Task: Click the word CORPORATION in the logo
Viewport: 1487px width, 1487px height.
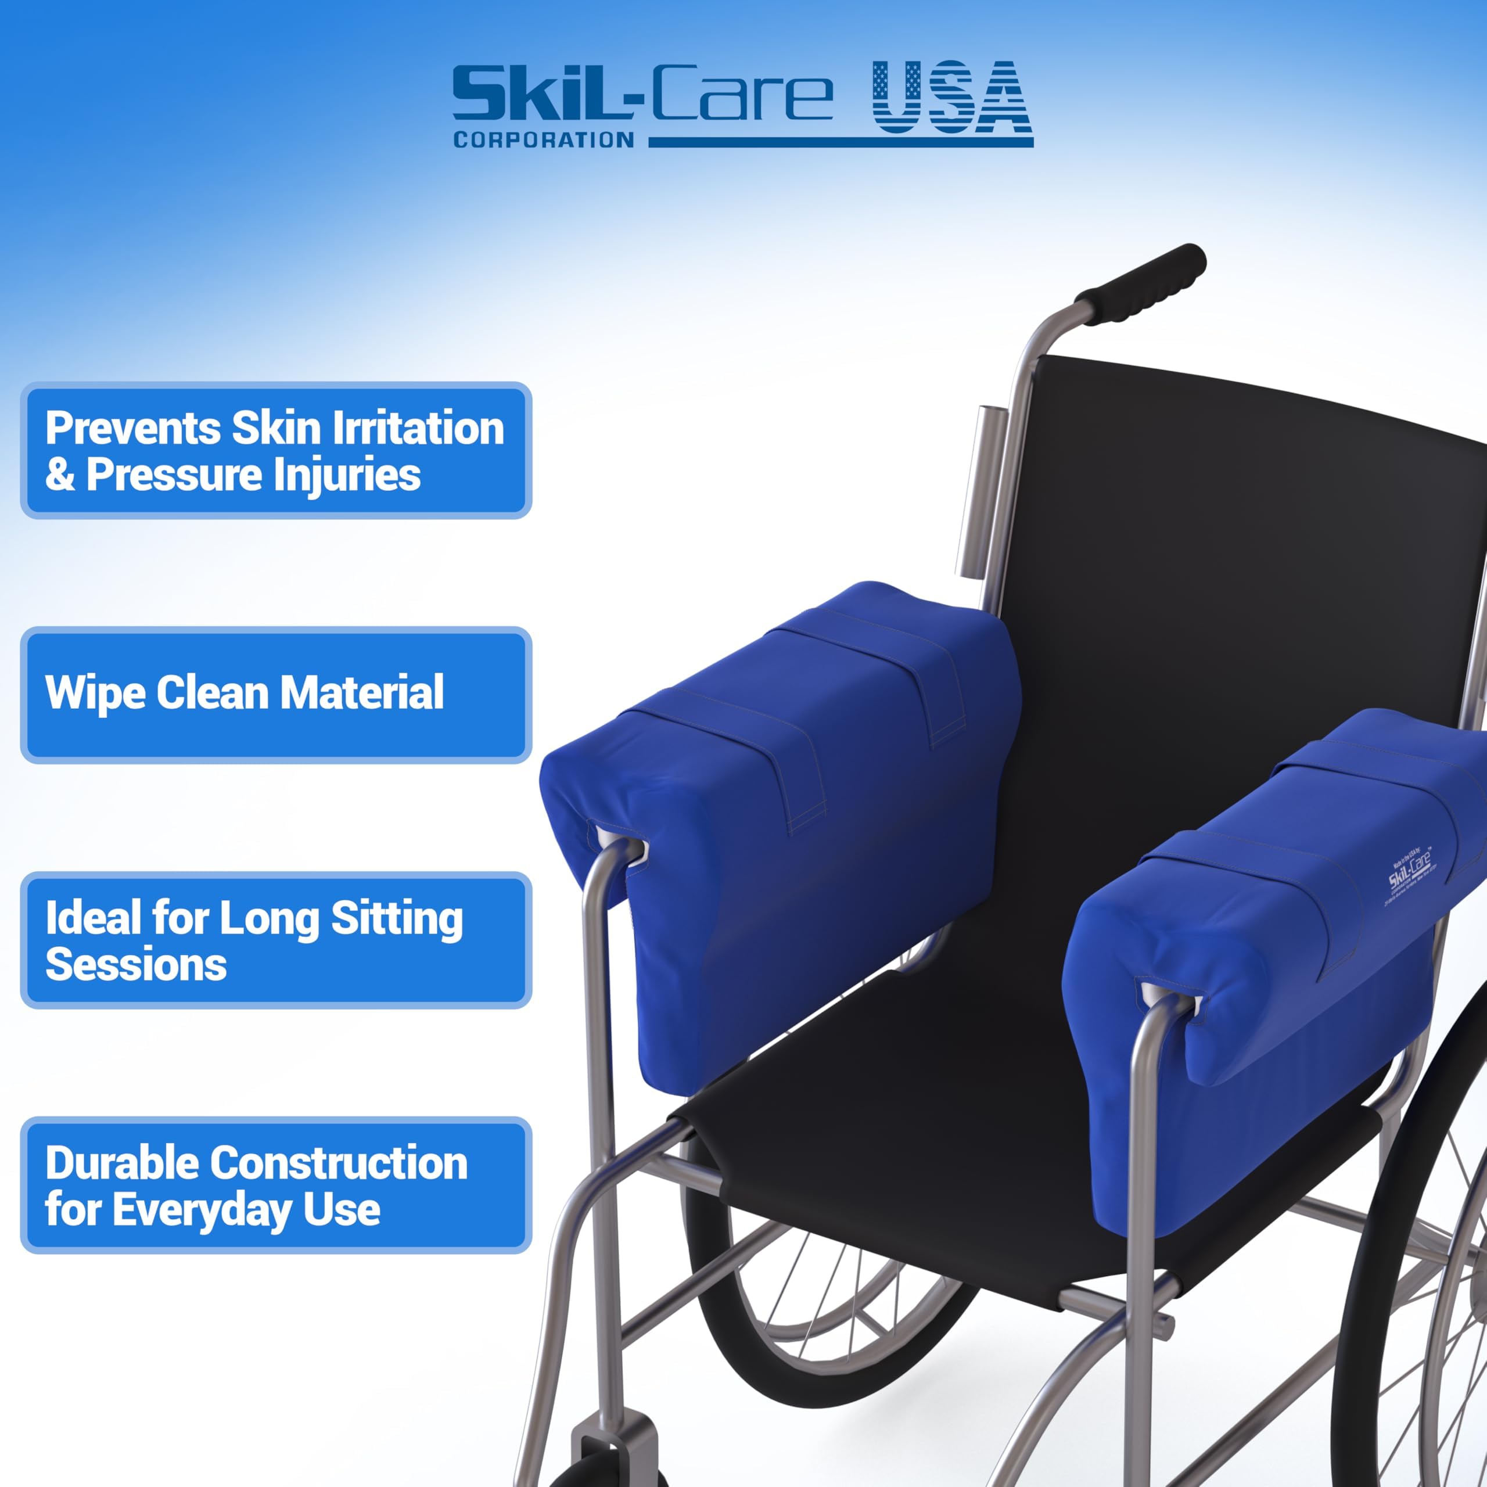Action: click(543, 140)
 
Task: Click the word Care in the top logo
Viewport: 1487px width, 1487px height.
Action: click(742, 95)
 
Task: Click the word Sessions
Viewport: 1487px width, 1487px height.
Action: click(135, 964)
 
